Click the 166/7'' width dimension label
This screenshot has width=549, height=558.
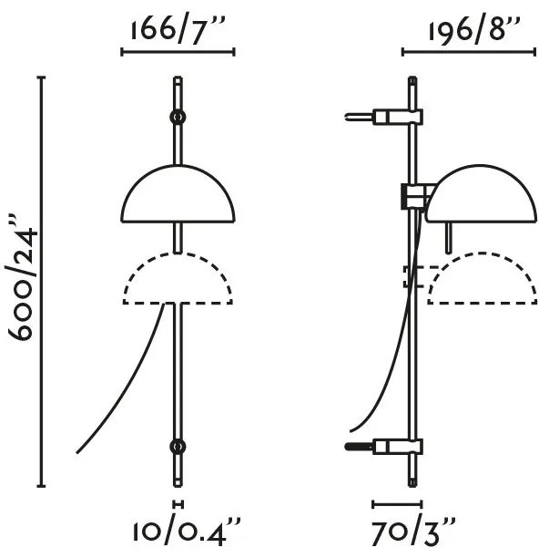click(x=178, y=30)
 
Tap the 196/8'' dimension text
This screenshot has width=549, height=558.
click(x=474, y=29)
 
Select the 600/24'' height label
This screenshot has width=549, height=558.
click(x=22, y=278)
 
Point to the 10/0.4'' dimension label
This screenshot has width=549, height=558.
click(x=187, y=532)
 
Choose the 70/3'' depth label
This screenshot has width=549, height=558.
click(x=413, y=532)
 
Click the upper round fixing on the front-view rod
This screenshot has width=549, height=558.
click(x=178, y=117)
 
